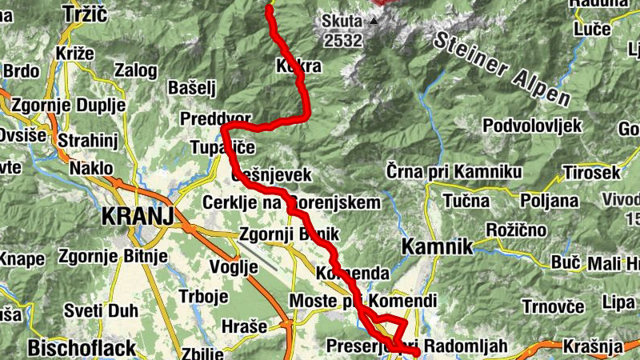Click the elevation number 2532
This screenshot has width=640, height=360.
(x=342, y=38)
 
